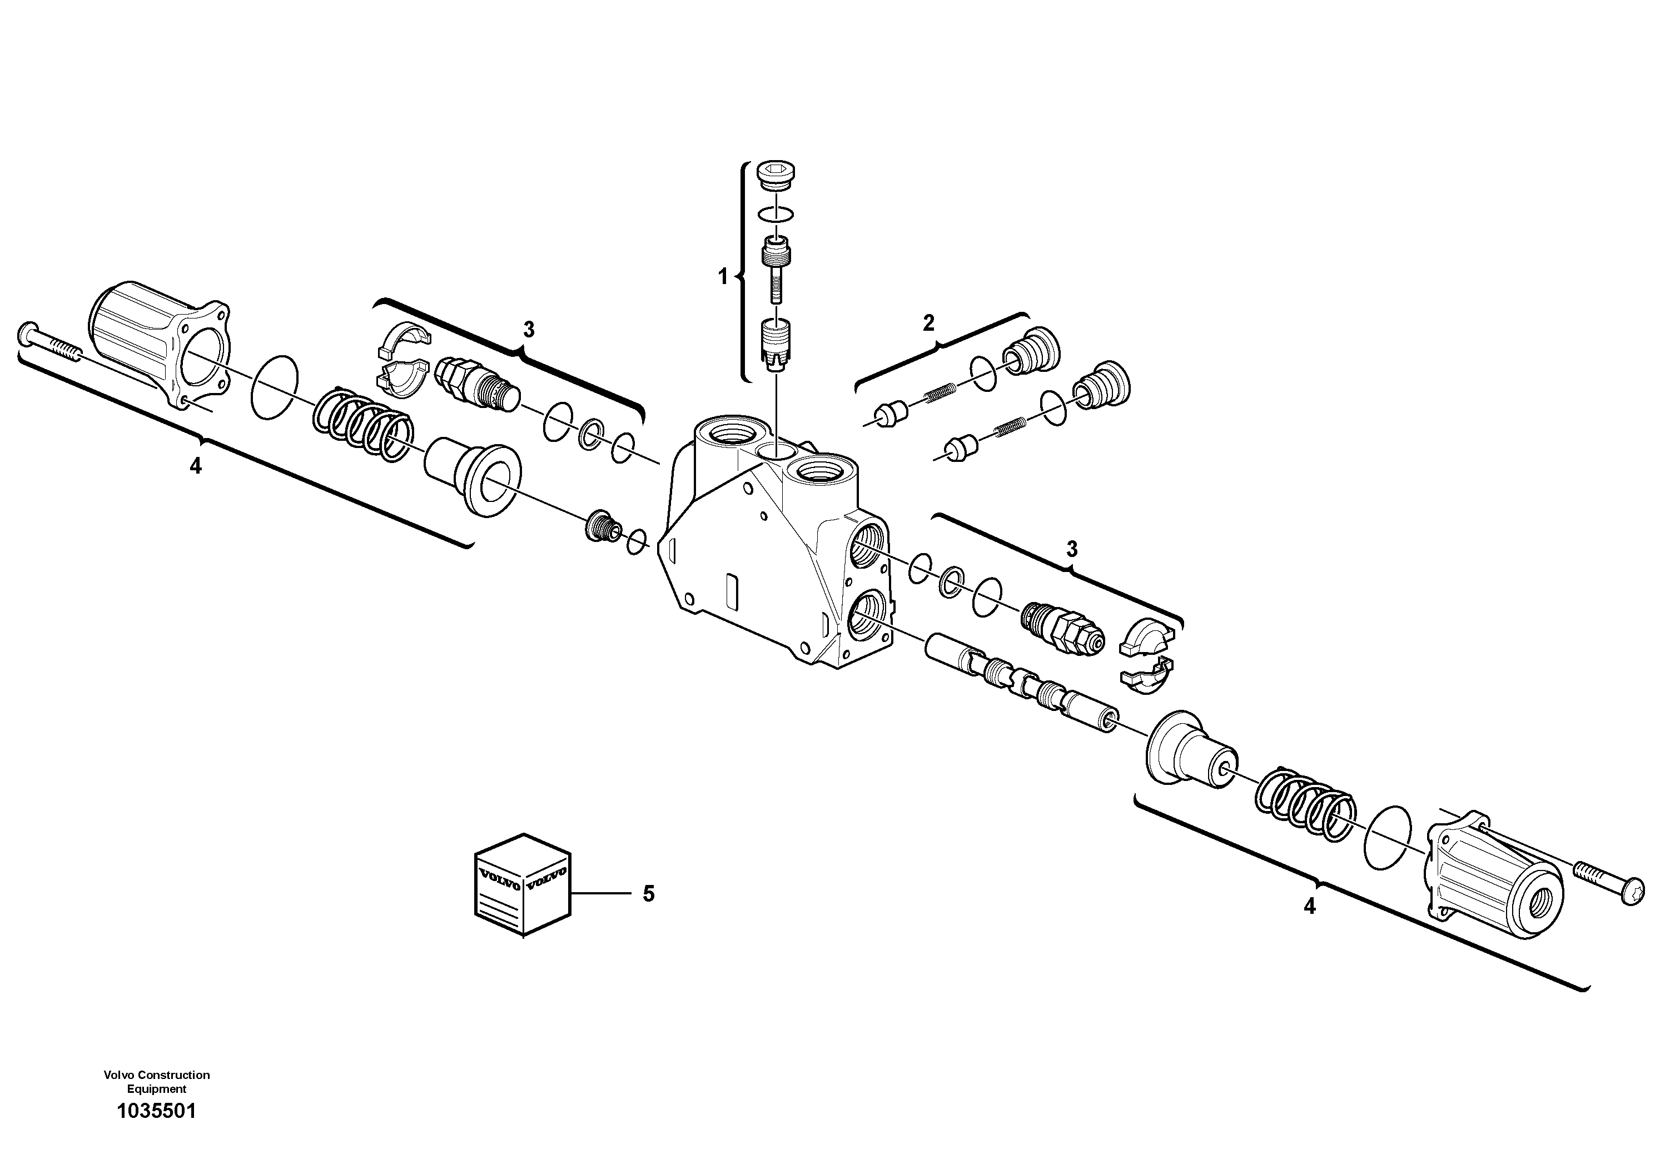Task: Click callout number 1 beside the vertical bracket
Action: click(723, 277)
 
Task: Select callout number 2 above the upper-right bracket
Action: click(928, 323)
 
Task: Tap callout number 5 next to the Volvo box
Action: click(649, 894)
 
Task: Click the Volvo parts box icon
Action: click(522, 885)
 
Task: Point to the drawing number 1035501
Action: click(156, 1131)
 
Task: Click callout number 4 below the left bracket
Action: click(195, 466)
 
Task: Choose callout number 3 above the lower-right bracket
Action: click(1072, 549)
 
